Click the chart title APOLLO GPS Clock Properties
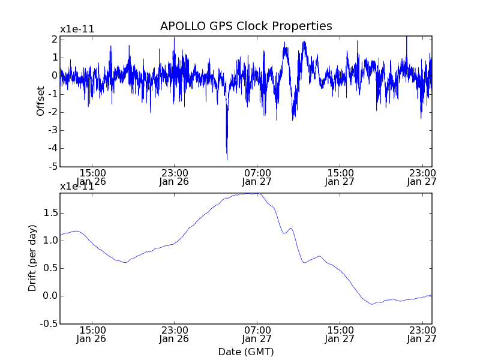(246, 26)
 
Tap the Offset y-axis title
(41, 101)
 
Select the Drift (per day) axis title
(32, 258)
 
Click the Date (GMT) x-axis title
(246, 352)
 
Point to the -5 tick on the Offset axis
(54, 167)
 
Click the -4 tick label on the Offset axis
(54, 148)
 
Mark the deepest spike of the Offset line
(227, 159)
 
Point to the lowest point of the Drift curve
(373, 304)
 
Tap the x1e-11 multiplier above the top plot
(77, 29)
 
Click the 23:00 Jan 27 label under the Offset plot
(422, 177)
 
